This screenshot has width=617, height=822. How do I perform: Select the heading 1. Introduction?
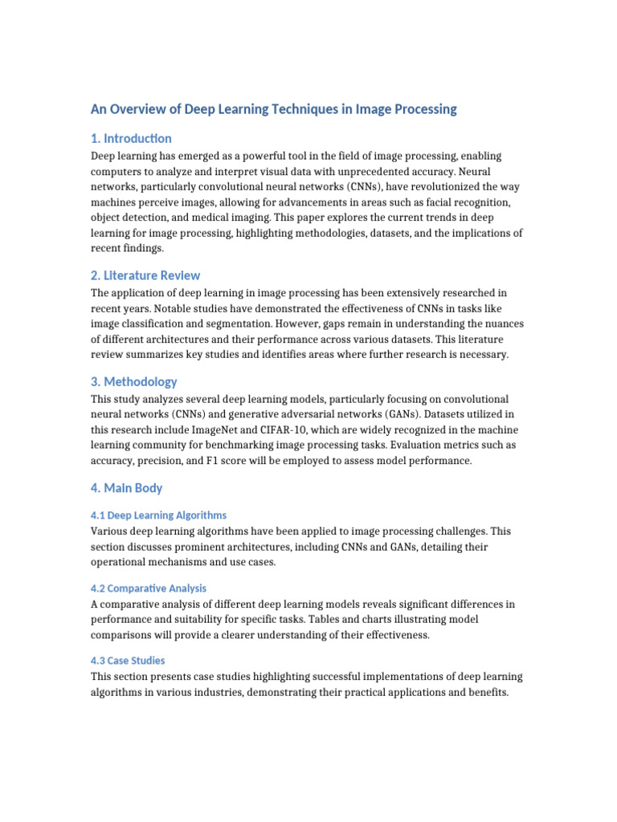[131, 138]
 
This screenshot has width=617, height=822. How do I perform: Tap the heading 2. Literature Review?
[145, 275]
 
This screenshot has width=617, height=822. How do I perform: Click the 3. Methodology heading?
[134, 381]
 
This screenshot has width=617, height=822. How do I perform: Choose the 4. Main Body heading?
[127, 487]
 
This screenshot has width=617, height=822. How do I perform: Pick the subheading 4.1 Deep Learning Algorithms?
[159, 515]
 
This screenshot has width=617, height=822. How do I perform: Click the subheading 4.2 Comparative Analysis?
[149, 588]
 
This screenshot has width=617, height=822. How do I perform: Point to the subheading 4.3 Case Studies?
[129, 660]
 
